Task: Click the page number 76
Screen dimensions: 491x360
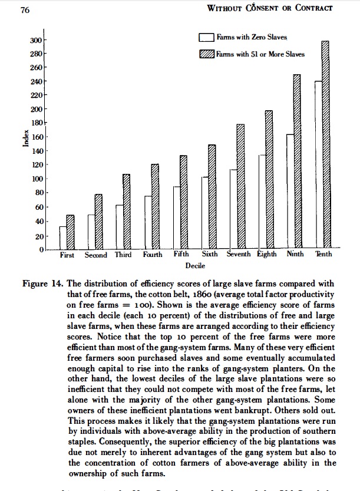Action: pyautogui.click(x=25, y=8)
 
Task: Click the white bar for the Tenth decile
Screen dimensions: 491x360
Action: pyautogui.click(x=318, y=165)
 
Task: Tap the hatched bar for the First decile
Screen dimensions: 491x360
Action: pyautogui.click(x=70, y=232)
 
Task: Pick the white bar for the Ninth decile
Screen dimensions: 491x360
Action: pyautogui.click(x=290, y=192)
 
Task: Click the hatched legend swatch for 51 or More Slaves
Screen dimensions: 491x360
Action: pyautogui.click(x=206, y=54)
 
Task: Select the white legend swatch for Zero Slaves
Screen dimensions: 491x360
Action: pyautogui.click(x=206, y=37)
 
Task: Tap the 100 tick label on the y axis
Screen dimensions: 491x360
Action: pyautogui.click(x=37, y=179)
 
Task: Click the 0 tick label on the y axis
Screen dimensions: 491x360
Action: pyautogui.click(x=41, y=251)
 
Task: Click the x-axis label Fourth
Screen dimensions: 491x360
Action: pyautogui.click(x=153, y=255)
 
